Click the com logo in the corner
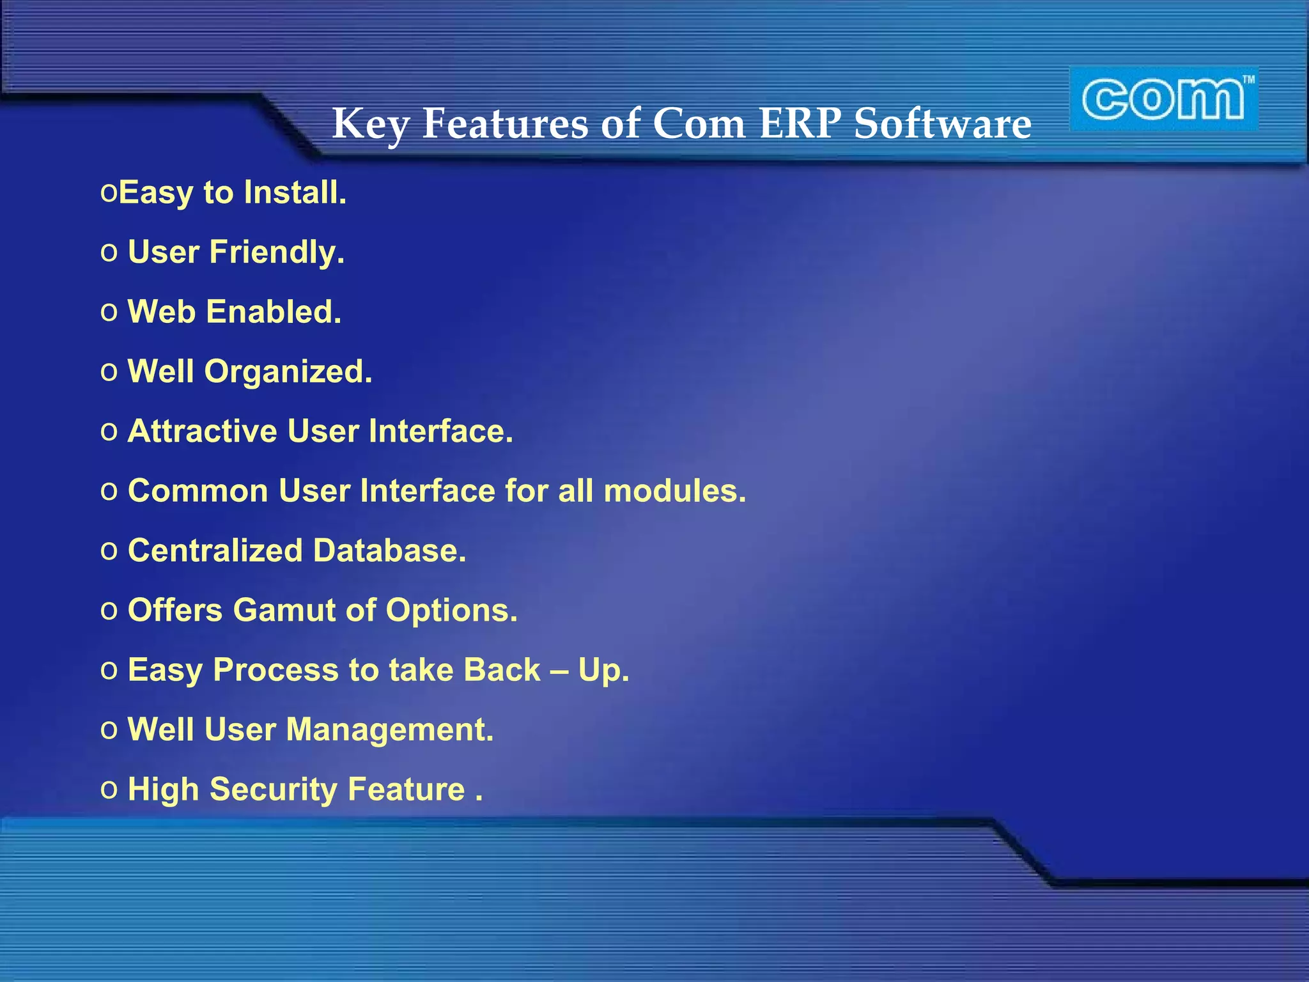pos(1163,100)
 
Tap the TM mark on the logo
pos(1248,80)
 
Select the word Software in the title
pos(942,123)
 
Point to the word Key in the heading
pos(370,124)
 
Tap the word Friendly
pos(277,253)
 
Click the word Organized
pos(288,372)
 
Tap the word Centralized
pos(215,550)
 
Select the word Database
pos(389,550)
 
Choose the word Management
pos(389,729)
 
